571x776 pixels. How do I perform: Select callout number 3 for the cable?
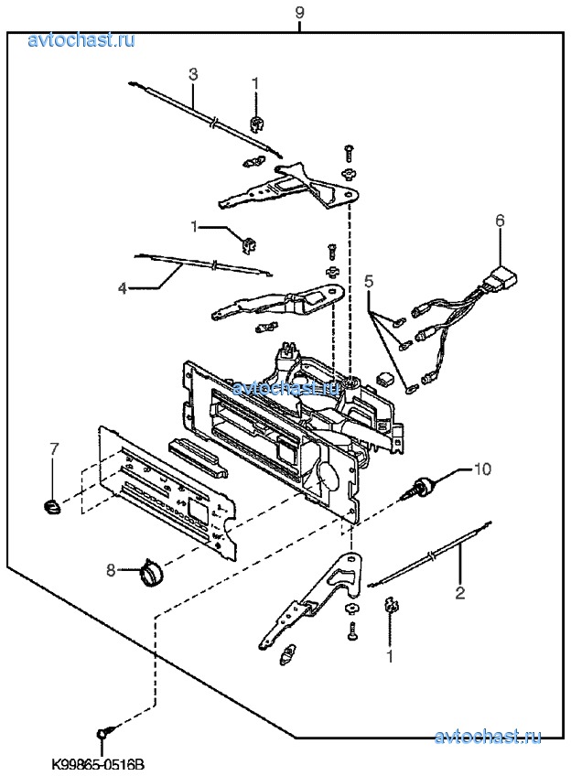193,73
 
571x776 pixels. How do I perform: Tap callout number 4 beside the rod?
122,286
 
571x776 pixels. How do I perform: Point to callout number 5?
369,281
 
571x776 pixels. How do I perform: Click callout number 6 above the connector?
500,221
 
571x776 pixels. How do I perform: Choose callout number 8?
111,570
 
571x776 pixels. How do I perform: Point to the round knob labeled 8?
152,574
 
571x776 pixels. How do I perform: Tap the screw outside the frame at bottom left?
103,732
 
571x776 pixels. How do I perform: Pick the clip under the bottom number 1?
390,606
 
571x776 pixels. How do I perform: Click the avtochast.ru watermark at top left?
81,38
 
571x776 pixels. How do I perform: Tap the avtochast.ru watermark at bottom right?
488,737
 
